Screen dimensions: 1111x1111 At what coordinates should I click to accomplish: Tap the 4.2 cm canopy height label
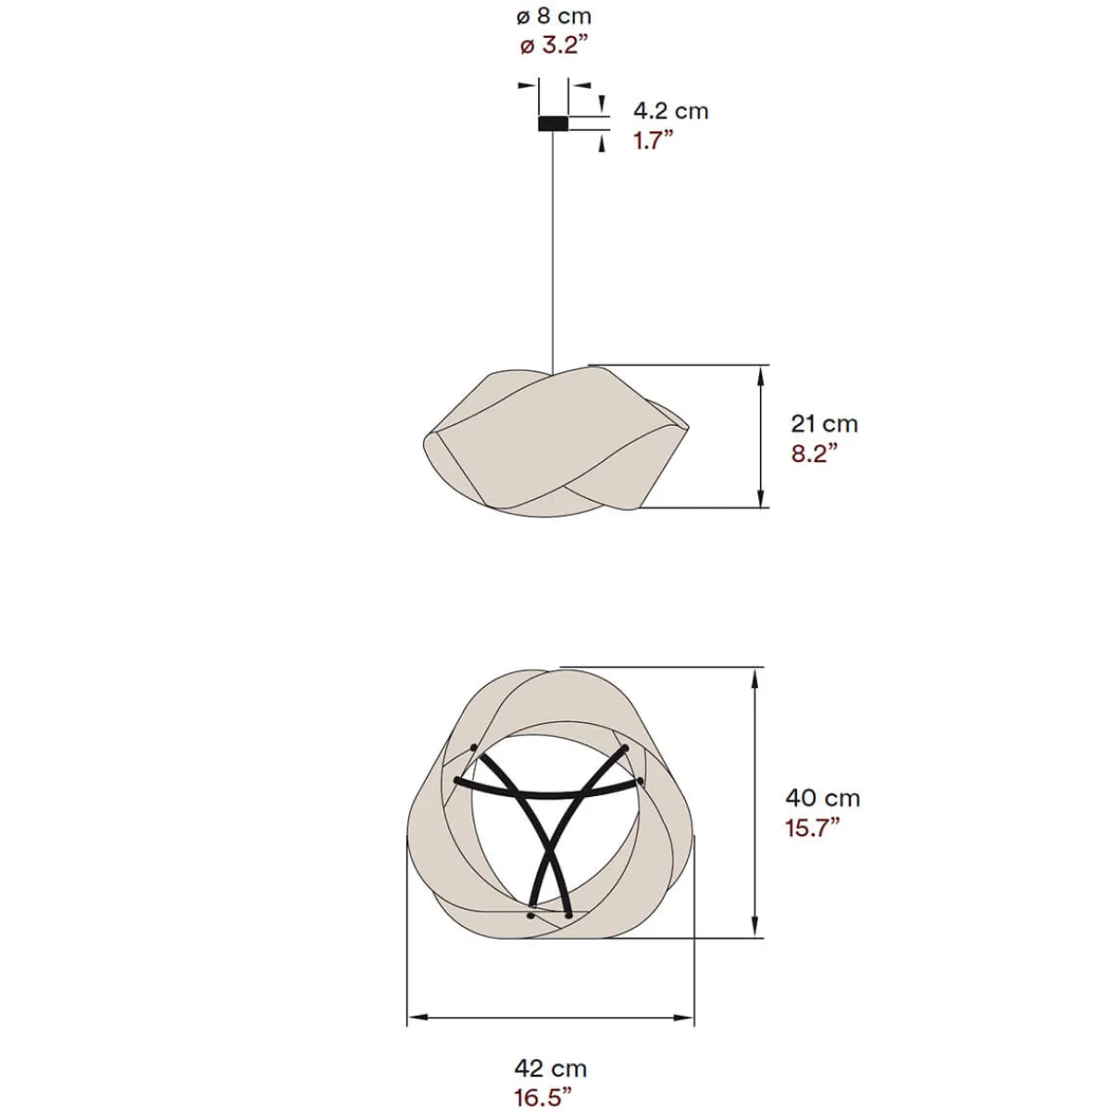click(x=670, y=111)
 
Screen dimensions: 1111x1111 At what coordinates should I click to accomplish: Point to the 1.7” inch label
click(x=653, y=141)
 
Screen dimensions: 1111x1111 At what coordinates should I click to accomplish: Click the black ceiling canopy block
click(x=553, y=122)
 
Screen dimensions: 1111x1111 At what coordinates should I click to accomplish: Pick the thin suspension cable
click(x=553, y=250)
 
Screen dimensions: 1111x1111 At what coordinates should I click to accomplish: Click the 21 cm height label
click(x=824, y=424)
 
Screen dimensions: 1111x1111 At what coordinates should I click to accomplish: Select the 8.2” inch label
click(x=815, y=454)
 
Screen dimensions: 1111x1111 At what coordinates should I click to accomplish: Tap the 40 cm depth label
click(x=823, y=797)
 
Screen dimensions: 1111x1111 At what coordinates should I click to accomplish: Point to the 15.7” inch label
click(x=813, y=827)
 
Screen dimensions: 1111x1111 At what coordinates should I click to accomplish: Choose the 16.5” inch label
click(x=543, y=1098)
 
